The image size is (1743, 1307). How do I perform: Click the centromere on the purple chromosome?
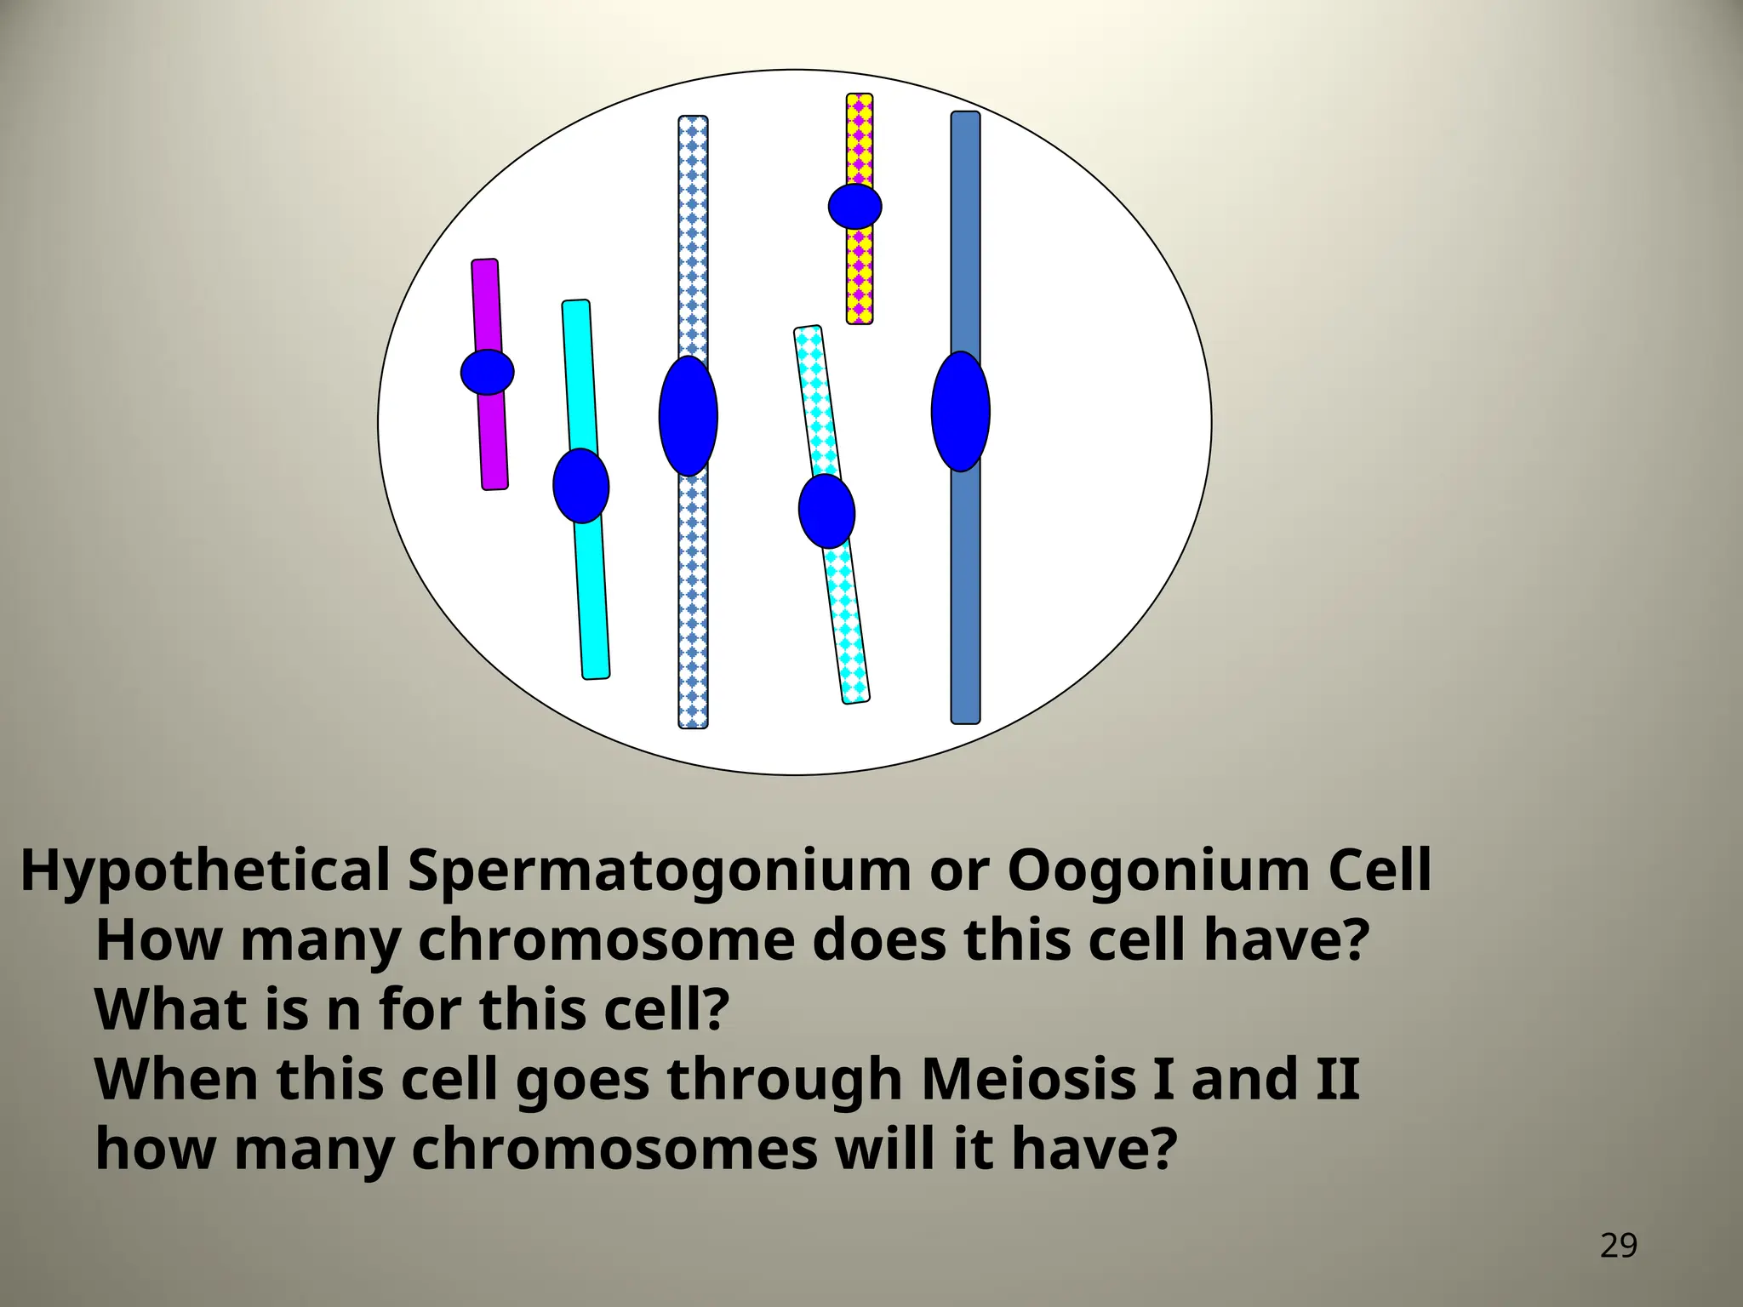pyautogui.click(x=488, y=372)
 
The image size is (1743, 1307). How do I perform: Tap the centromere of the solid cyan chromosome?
pyautogui.click(x=581, y=485)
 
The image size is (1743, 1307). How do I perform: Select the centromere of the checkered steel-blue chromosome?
pyautogui.click(x=689, y=415)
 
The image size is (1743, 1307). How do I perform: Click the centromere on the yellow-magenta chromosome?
pyautogui.click(x=855, y=206)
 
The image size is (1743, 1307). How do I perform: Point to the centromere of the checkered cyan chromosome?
pyautogui.click(x=826, y=511)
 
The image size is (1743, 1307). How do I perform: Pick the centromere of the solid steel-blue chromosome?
pyautogui.click(x=961, y=411)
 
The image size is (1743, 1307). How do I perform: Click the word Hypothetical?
pyautogui.click(x=204, y=871)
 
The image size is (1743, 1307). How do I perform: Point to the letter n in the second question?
pyautogui.click(x=344, y=1011)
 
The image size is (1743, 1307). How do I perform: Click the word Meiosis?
pyautogui.click(x=1028, y=1079)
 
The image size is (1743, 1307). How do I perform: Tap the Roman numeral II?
pyautogui.click(x=1337, y=1079)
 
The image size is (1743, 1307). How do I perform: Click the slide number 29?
pyautogui.click(x=1618, y=1246)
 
